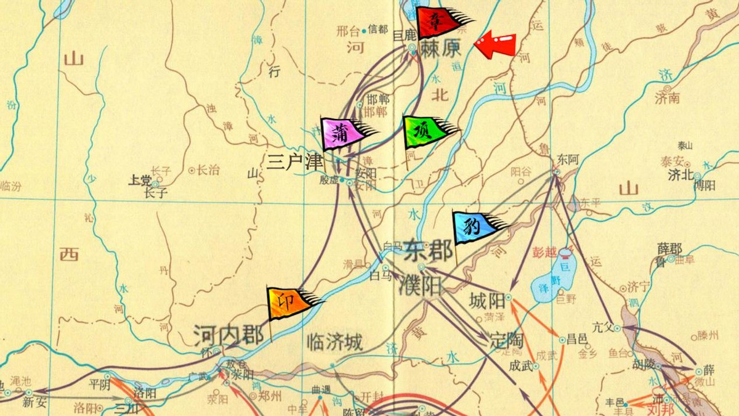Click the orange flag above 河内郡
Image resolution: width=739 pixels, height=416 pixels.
[291, 303]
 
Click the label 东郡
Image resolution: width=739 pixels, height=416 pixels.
[428, 251]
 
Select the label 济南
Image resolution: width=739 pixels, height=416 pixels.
[666, 96]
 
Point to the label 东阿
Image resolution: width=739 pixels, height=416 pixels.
[567, 159]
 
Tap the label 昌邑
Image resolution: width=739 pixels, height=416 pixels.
[576, 338]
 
